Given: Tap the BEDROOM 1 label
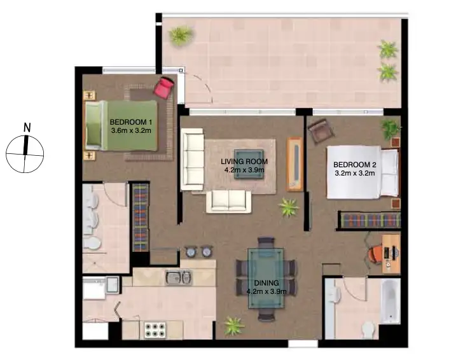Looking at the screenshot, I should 131,126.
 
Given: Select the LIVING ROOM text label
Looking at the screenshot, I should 244,166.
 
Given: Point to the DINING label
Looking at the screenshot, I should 266,287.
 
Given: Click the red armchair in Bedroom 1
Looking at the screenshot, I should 164,87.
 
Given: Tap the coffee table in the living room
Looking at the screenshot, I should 249,164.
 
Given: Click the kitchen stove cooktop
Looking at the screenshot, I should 155,329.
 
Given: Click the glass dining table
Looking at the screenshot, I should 266,278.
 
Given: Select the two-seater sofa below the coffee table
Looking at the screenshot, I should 228,200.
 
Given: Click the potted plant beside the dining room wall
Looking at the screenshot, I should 234,326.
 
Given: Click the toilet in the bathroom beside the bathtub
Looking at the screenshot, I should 367,329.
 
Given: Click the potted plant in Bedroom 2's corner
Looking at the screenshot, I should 390,128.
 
